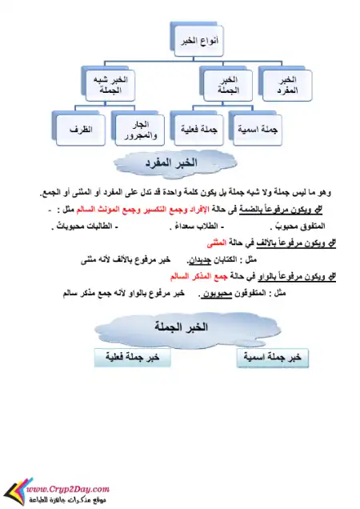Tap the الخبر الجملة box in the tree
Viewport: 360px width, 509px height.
click(227, 86)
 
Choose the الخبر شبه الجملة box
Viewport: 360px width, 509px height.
click(110, 86)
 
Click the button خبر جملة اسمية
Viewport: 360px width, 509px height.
click(274, 357)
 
